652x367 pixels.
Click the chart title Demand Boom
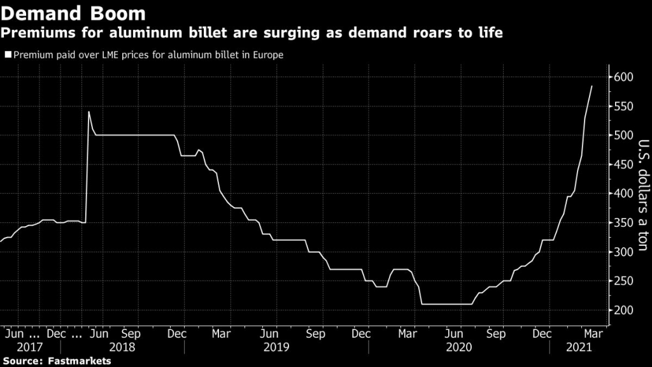73,13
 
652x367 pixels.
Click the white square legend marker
8,55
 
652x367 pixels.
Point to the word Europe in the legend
268,55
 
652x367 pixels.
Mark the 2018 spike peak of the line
89,112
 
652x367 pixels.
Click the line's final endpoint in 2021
592,86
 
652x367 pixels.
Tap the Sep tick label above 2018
131,333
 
